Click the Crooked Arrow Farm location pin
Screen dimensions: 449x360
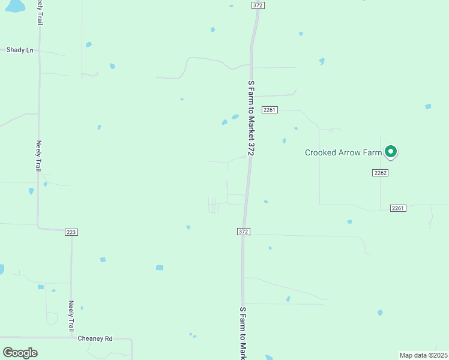(391, 151)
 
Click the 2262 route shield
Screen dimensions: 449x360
(380, 173)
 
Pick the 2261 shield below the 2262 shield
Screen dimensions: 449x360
(398, 208)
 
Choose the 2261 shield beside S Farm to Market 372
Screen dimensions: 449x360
(269, 109)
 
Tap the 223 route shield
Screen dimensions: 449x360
(71, 232)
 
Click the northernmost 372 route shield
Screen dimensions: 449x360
(258, 5)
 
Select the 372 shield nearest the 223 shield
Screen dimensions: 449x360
(243, 232)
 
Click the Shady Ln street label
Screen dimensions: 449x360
(20, 50)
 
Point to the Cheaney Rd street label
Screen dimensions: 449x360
(95, 338)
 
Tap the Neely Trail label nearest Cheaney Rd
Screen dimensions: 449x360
(71, 316)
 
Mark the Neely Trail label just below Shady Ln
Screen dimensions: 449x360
(39, 156)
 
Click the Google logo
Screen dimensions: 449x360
(20, 352)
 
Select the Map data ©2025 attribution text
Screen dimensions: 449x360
(423, 355)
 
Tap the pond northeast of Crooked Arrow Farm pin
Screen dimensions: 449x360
(428, 107)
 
